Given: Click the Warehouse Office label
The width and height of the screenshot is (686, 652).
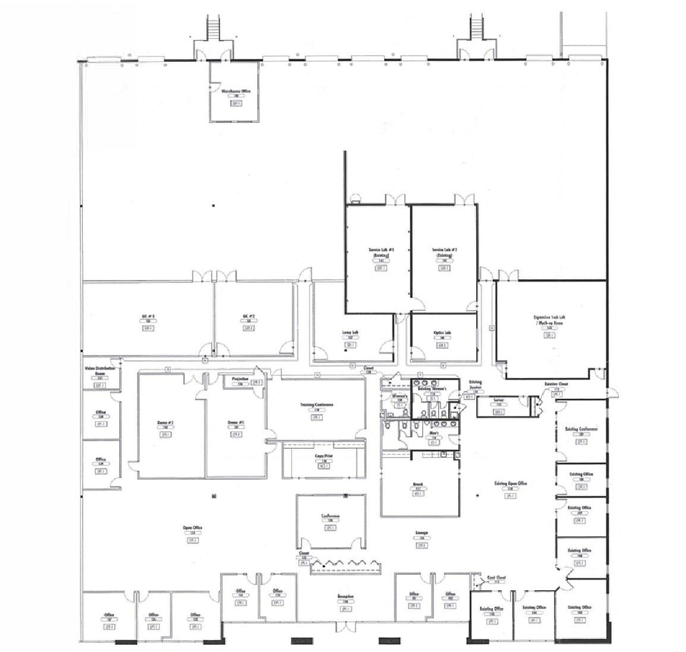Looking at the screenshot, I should coord(236,91).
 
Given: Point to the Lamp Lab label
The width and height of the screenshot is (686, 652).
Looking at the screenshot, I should coord(350,333).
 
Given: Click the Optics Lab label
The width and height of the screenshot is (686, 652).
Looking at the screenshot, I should coord(442,333).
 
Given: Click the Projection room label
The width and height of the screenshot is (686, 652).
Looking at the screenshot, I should coord(240,378).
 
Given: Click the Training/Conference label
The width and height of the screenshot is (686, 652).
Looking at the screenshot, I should coord(316,405).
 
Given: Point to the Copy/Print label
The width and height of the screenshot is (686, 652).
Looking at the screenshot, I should coord(324,456).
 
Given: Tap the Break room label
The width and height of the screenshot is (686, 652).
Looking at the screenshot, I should coord(417,484).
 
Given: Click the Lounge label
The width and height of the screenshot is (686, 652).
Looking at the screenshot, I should coord(421,533).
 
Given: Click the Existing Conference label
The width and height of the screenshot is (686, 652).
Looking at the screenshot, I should coord(580,429).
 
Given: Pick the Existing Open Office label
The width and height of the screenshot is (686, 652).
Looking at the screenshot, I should coord(510,483).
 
